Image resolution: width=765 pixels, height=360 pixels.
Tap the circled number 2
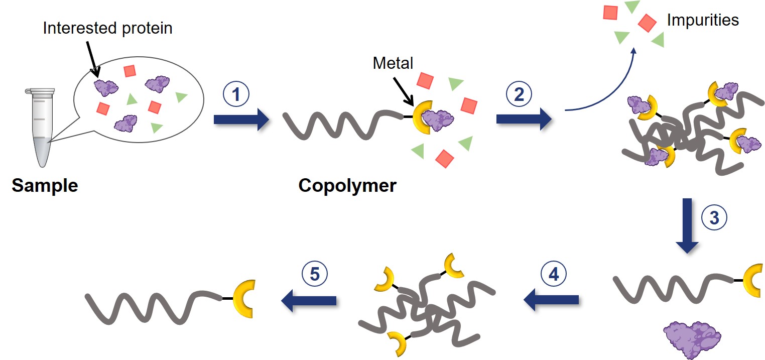(519, 94)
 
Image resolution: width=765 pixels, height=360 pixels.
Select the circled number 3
(713, 217)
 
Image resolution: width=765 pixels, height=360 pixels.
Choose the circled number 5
(315, 275)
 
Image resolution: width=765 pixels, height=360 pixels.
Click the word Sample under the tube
(45, 186)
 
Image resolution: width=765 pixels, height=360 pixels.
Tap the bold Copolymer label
(347, 186)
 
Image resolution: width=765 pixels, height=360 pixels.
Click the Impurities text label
(703, 20)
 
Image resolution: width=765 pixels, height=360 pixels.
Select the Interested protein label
(107, 28)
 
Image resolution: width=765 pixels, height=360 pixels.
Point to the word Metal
(393, 63)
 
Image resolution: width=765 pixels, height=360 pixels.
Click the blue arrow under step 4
(551, 300)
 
